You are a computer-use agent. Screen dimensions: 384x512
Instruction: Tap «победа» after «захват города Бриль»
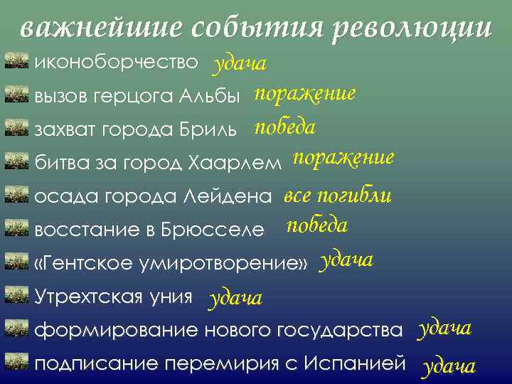(x=285, y=128)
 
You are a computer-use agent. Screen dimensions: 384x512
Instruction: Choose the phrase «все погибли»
(x=338, y=195)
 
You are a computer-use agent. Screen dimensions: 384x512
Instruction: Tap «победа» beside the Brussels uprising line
(x=316, y=226)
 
